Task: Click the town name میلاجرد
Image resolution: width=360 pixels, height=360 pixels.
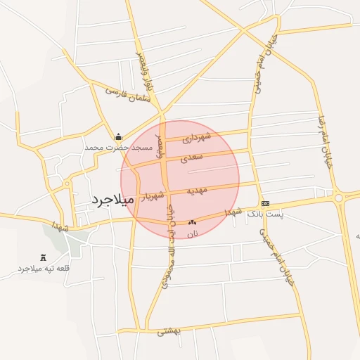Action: (112, 200)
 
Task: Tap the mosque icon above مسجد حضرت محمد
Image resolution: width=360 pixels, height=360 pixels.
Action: (118, 137)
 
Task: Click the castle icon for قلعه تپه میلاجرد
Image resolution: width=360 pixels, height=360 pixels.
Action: (44, 258)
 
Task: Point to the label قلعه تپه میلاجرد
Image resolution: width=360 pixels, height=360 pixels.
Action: (44, 269)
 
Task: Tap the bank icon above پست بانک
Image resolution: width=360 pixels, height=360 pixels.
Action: (264, 203)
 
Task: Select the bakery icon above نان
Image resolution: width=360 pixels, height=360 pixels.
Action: (192, 222)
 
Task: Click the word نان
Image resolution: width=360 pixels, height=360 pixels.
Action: (193, 233)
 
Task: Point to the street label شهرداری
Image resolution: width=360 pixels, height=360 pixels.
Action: (196, 139)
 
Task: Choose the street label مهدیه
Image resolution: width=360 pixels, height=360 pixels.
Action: (197, 191)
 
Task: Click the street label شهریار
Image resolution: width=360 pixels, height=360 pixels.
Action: (153, 195)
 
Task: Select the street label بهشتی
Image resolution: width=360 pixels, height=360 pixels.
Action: (169, 330)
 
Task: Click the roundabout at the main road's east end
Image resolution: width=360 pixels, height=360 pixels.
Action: (339, 198)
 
